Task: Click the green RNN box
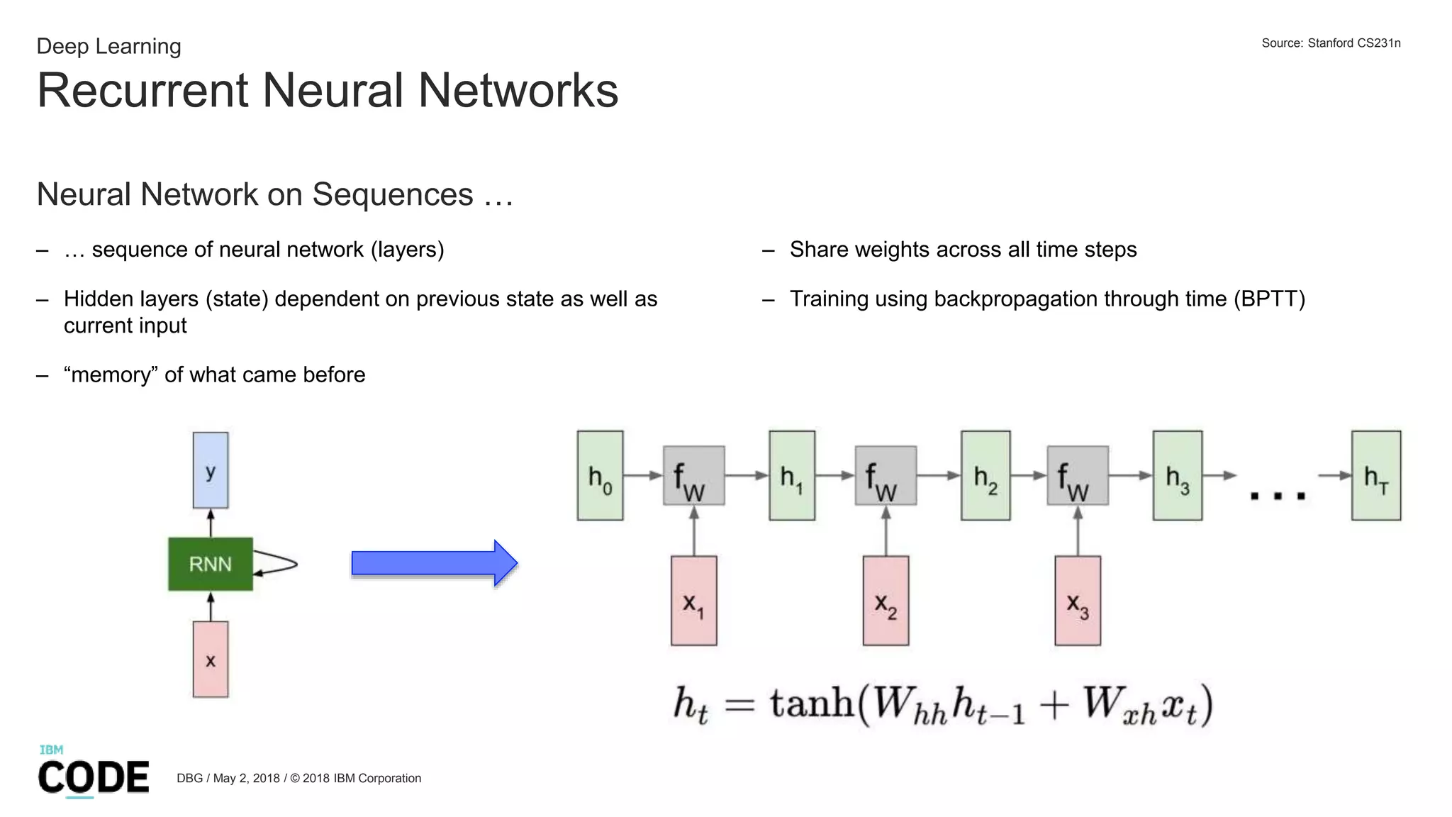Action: coord(211,564)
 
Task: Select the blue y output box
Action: coord(211,470)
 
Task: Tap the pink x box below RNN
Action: coord(211,660)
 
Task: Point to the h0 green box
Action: coord(600,476)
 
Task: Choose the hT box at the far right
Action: coord(1375,476)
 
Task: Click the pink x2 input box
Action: coord(886,601)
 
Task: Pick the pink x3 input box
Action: coord(1078,601)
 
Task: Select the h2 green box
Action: coord(985,476)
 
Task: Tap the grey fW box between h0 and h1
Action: coord(693,476)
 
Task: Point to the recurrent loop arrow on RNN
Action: coord(280,564)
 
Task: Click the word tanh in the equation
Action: coord(812,704)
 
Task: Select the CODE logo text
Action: coord(94,777)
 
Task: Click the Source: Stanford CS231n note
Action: coord(1331,43)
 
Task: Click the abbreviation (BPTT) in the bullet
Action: coord(1269,299)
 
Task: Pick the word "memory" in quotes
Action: coord(111,374)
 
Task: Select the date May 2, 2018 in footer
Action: coord(246,778)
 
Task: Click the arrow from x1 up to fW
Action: coord(693,532)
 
